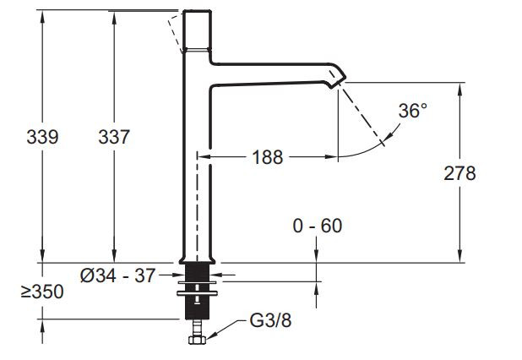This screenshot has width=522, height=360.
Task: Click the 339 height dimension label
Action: (x=41, y=137)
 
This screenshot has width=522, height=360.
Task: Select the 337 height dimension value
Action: (x=113, y=137)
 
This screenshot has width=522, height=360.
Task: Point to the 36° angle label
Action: (x=413, y=112)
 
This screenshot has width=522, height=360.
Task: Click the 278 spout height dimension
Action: (x=459, y=173)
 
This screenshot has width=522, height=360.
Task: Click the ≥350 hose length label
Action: (x=41, y=292)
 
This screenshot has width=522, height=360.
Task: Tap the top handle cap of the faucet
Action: (x=196, y=29)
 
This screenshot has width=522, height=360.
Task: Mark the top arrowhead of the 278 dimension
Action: (x=459, y=87)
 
